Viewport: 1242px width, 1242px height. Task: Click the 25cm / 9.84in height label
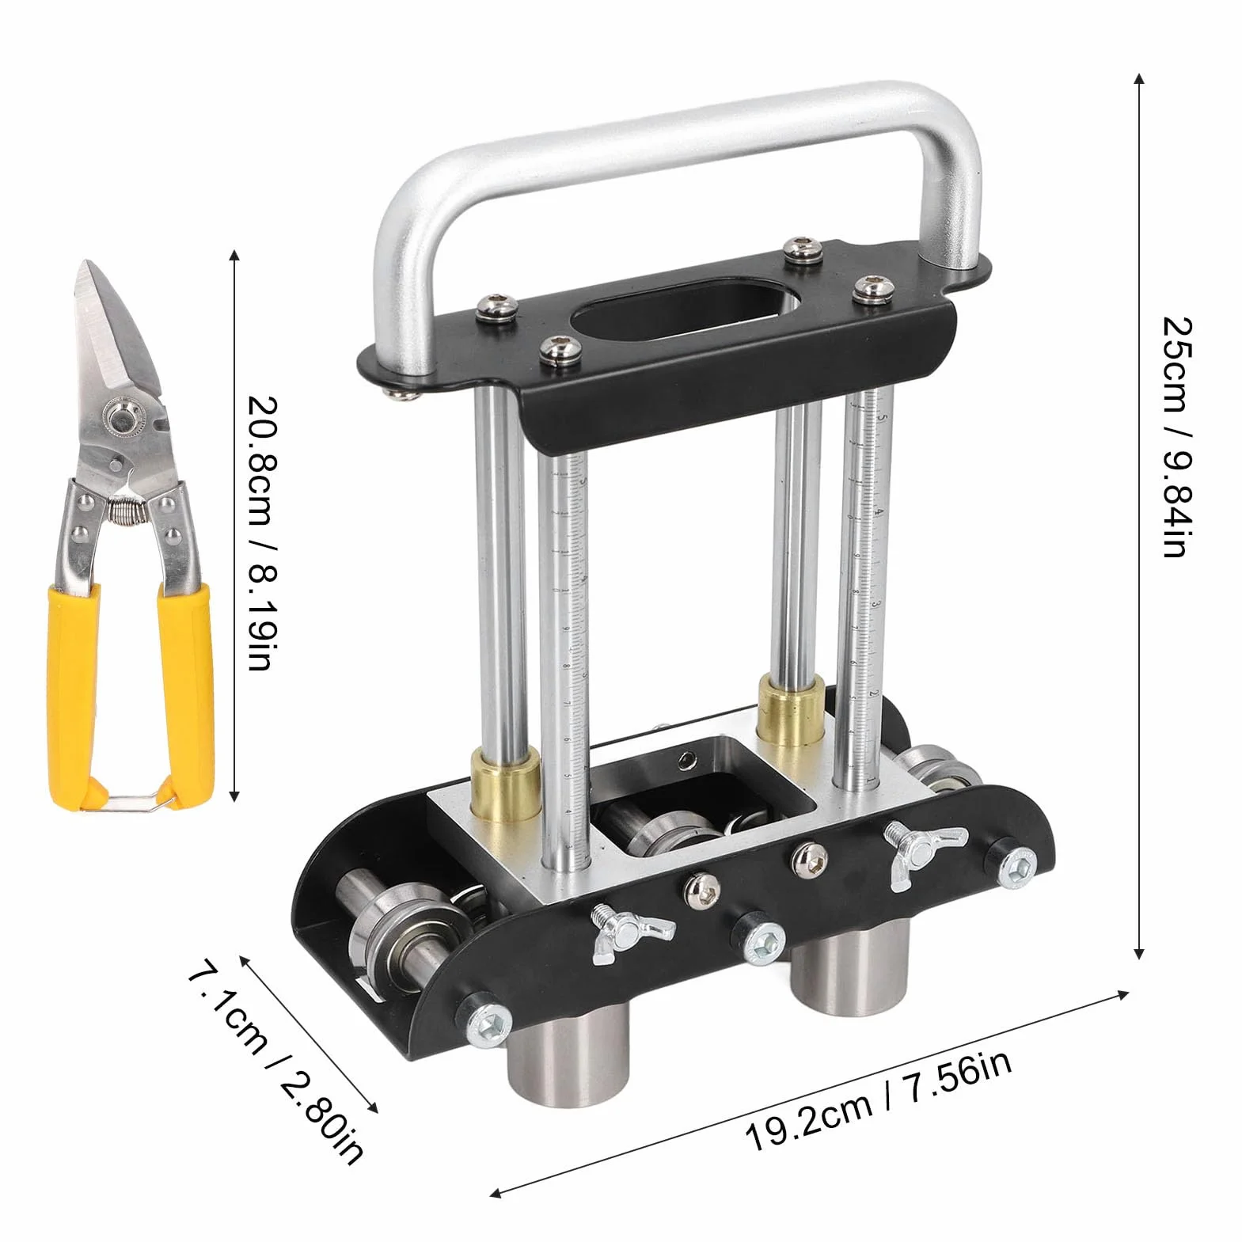click(1174, 437)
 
